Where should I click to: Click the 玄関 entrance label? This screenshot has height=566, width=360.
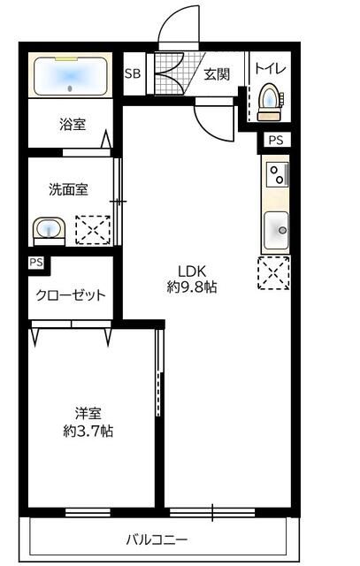coord(217,74)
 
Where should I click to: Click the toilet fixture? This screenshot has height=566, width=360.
coord(268,102)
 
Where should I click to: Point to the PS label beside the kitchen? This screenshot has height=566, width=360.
coord(275,140)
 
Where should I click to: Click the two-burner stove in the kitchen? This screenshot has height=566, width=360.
coord(277,174)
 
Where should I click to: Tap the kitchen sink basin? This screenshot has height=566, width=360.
coord(277,231)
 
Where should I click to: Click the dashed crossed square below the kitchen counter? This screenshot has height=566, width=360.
coord(274,272)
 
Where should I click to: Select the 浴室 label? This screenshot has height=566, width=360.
coord(73,125)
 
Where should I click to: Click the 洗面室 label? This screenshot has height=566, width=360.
coord(67,188)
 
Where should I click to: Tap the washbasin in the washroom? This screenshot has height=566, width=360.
coord(50,231)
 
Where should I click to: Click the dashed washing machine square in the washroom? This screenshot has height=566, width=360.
coord(92,229)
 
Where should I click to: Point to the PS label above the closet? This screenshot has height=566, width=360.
coord(35,263)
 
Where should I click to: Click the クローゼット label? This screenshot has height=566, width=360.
coord(72,295)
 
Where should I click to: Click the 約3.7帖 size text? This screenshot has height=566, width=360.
coord(88,432)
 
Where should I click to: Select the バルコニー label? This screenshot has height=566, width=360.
coord(157,539)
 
